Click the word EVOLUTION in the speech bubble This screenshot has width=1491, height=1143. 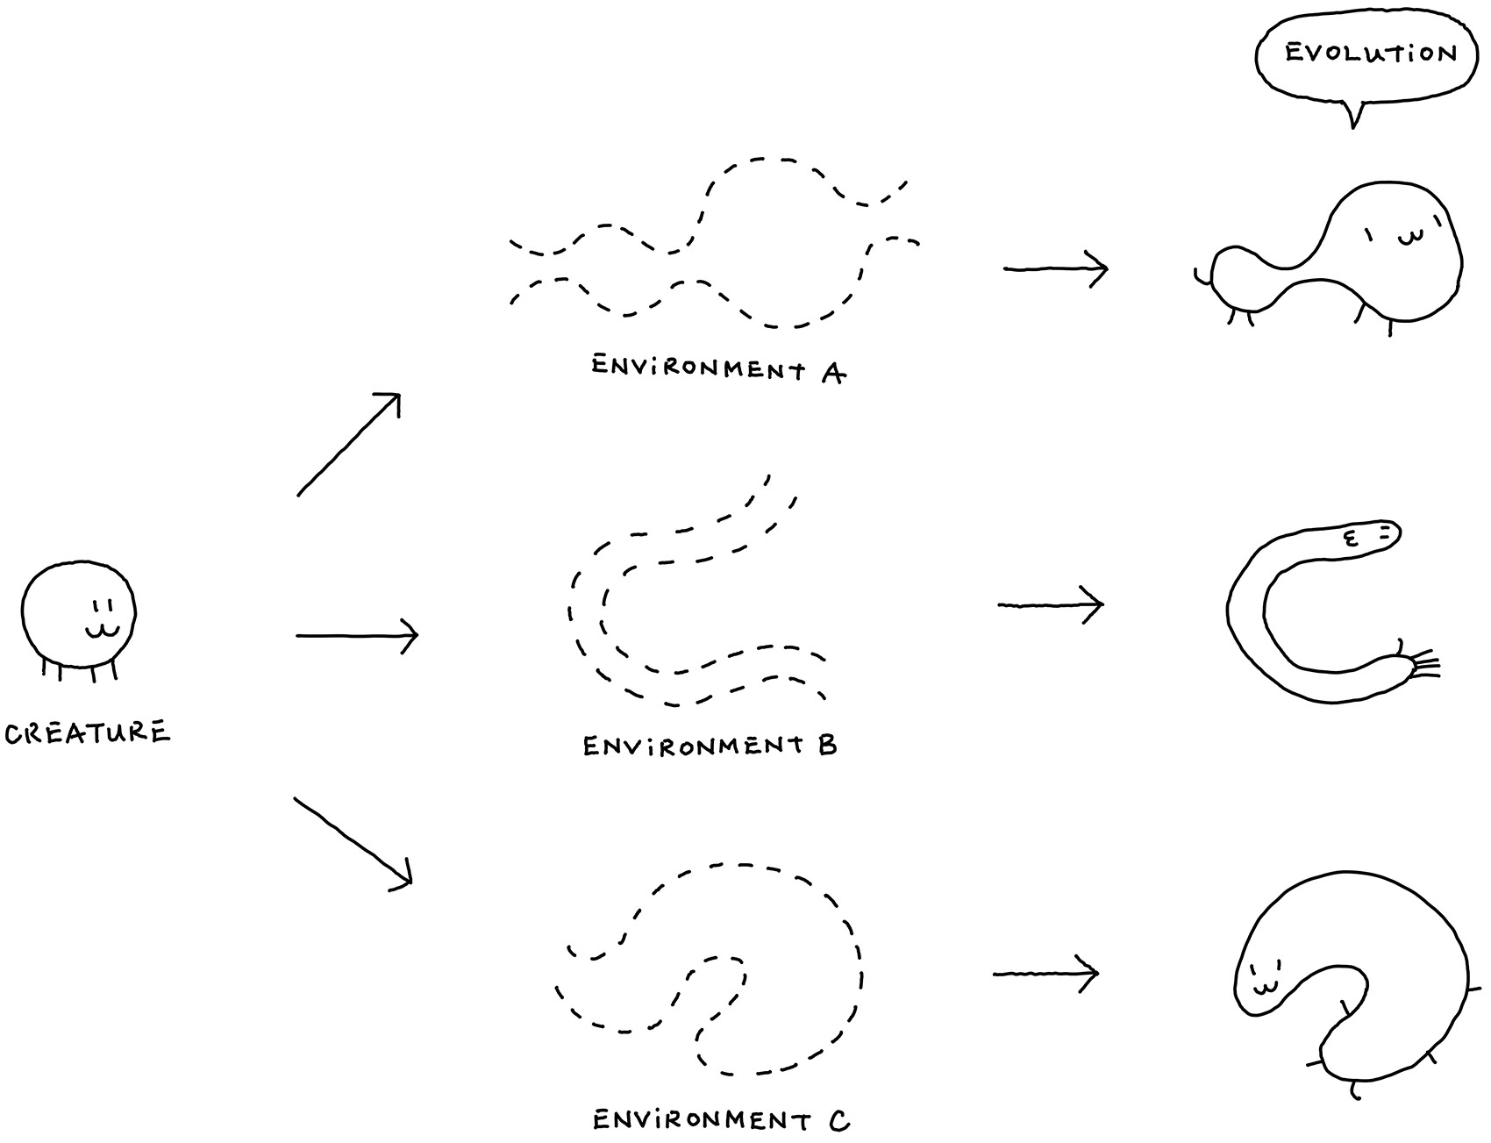[1370, 54]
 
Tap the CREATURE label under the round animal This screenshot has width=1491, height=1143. [87, 732]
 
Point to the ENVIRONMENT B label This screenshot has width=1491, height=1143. [710, 746]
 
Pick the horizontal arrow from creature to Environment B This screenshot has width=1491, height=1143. [357, 634]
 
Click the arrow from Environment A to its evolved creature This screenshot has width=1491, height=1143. [1055, 268]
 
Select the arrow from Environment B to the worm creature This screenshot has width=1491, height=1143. [1050, 604]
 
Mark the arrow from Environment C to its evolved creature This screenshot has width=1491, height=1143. [1045, 974]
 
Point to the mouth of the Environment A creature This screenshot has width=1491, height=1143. [1407, 238]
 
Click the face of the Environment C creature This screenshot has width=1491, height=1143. [1264, 981]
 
